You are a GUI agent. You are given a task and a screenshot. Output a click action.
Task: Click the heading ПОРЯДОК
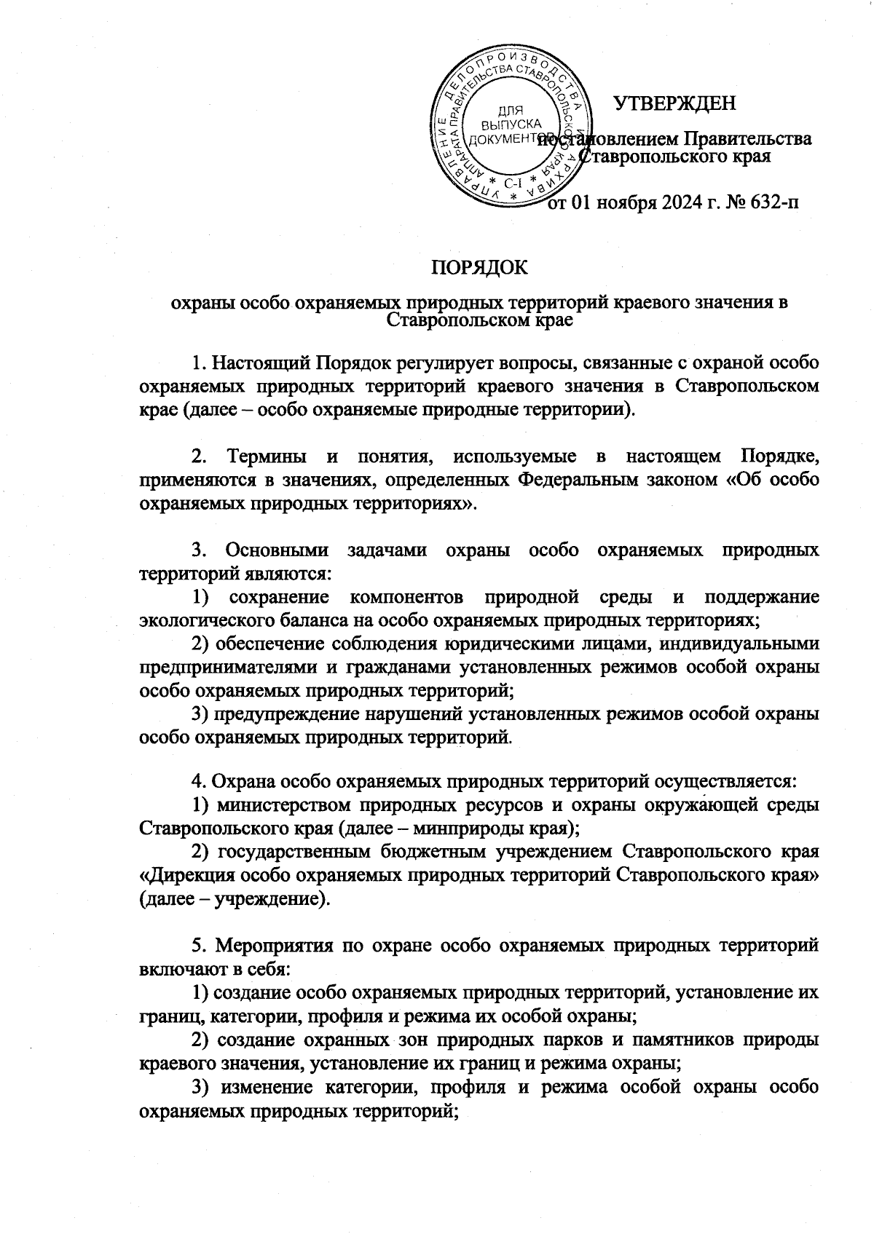(x=480, y=266)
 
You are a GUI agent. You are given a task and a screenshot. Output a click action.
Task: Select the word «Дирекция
(x=184, y=875)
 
